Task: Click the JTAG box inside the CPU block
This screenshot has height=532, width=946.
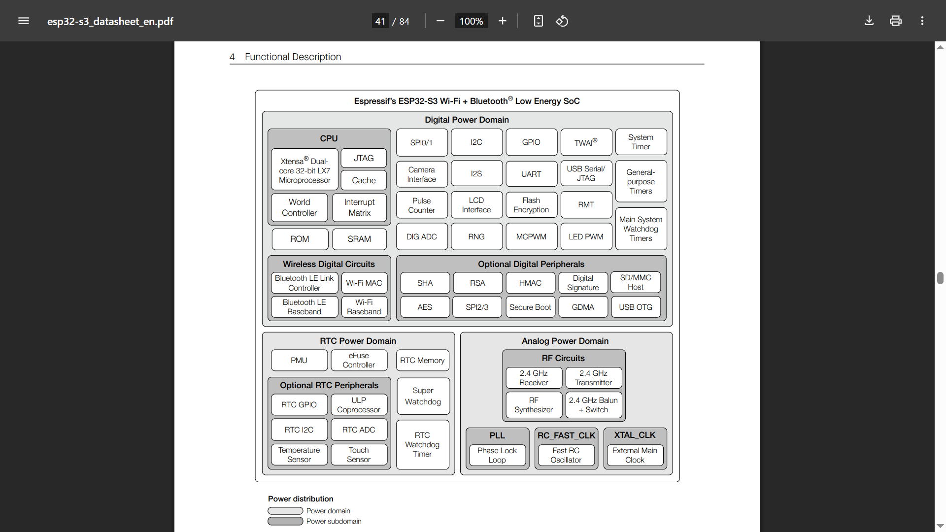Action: [x=364, y=158]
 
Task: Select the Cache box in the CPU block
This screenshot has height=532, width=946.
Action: [x=364, y=180]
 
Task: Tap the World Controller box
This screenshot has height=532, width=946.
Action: [x=300, y=207]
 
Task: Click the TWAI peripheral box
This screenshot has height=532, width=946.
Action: [x=586, y=142]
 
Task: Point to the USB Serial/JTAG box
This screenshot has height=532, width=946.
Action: [x=586, y=173]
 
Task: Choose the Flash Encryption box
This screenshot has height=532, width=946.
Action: [x=531, y=205]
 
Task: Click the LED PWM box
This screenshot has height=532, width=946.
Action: [x=586, y=237]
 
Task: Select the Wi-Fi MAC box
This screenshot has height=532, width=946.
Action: [x=364, y=283]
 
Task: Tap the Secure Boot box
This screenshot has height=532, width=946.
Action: [x=530, y=307]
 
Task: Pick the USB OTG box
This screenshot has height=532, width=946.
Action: [x=636, y=307]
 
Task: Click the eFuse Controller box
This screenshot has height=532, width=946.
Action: [x=359, y=360]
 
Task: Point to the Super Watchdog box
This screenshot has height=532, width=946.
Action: [x=423, y=396]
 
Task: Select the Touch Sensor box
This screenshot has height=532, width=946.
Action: [x=359, y=455]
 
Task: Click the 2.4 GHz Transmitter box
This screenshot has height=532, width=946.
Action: [x=593, y=378]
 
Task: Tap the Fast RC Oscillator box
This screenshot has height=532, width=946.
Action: [x=566, y=455]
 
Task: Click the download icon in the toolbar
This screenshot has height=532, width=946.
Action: [x=869, y=21]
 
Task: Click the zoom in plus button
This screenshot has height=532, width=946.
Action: [x=503, y=21]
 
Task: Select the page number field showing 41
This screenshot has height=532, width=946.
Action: [x=380, y=21]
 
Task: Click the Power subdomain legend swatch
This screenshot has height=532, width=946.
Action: [x=285, y=521]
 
